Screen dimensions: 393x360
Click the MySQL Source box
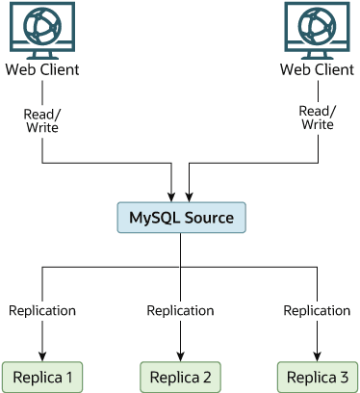181,218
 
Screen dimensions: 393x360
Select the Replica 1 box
42,375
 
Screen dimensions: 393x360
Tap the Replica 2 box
180,375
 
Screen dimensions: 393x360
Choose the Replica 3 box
317,375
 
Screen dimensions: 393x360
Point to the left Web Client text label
42,70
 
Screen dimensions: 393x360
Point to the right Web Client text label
317,70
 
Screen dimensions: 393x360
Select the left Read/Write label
42,119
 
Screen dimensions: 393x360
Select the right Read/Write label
317,117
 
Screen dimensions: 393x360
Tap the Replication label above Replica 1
42,310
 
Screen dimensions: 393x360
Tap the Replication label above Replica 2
180,310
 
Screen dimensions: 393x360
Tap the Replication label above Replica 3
317,310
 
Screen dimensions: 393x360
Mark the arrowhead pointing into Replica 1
42,354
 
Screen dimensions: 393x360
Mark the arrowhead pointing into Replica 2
180,354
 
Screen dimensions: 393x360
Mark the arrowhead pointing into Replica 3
317,354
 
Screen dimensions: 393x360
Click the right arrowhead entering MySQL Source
189,196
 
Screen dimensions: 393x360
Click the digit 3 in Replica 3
343,375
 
